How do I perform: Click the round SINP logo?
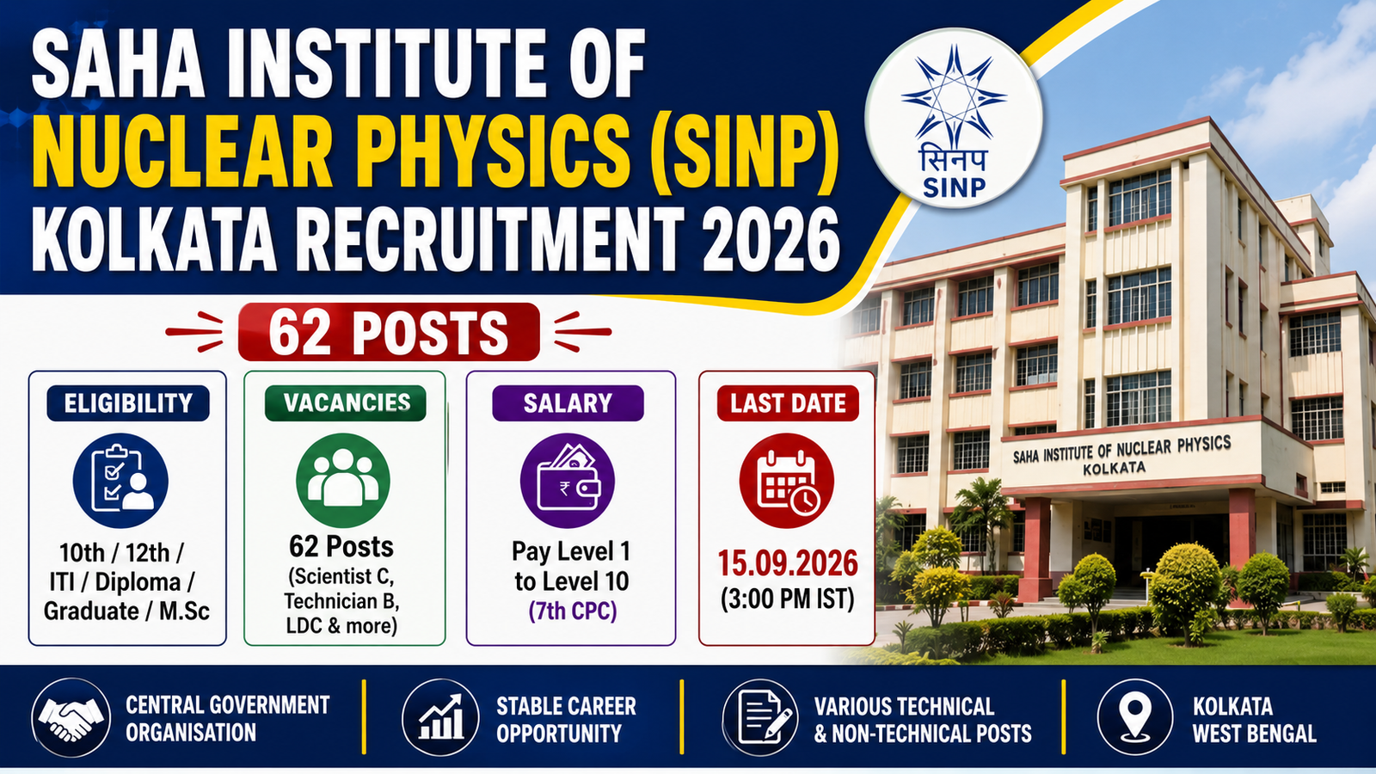click(954, 117)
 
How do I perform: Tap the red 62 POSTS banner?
click(389, 332)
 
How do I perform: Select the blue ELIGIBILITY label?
click(128, 403)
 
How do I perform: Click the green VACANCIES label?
click(345, 403)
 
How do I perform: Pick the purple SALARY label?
click(568, 403)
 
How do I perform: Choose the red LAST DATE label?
click(788, 403)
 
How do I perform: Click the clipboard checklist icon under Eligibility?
click(120, 481)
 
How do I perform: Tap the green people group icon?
click(343, 481)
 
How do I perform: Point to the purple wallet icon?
click(568, 481)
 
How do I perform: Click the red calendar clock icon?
click(787, 481)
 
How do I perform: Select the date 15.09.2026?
click(788, 564)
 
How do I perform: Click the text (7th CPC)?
click(573, 611)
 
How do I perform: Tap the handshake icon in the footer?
click(71, 717)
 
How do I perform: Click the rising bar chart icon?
click(440, 717)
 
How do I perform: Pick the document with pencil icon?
click(760, 717)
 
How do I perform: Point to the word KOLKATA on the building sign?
click(1115, 469)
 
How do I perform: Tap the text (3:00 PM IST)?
click(788, 599)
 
